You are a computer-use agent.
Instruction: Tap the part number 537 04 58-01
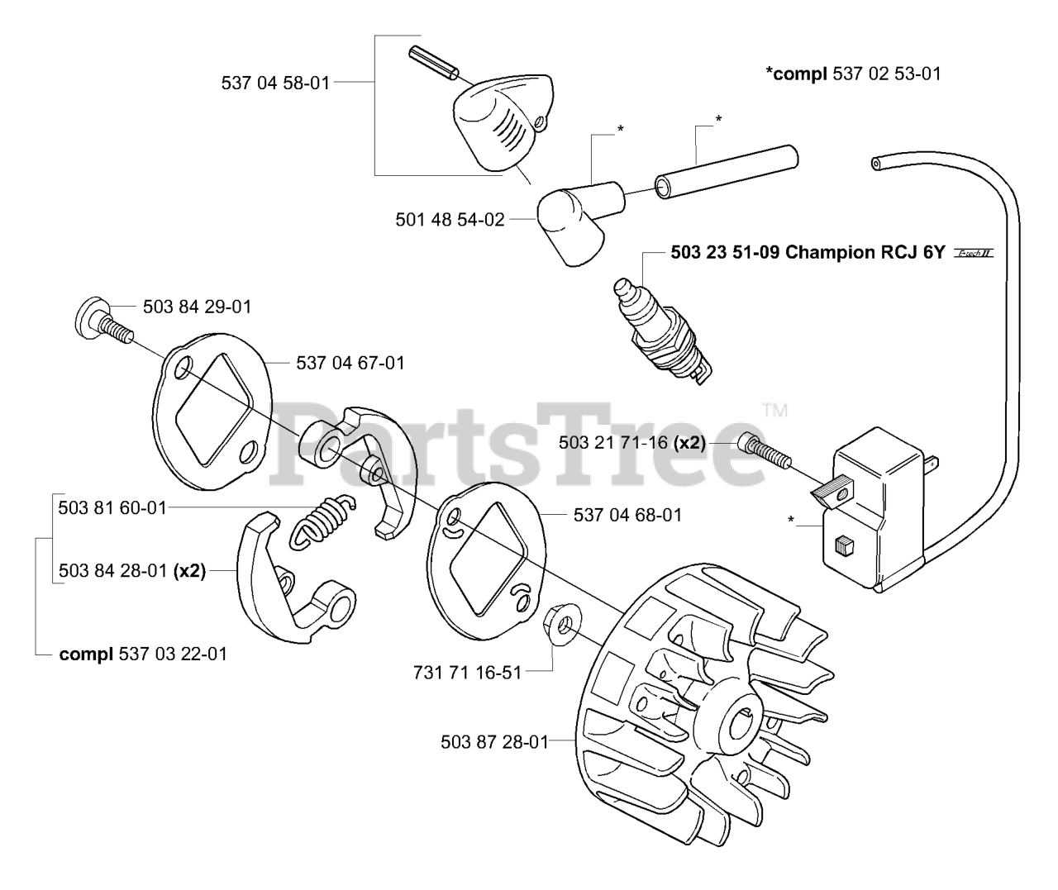coord(275,83)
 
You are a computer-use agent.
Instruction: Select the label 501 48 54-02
coord(450,220)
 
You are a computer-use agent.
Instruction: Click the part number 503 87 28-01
coord(494,742)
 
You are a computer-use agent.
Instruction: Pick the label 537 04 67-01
coord(350,363)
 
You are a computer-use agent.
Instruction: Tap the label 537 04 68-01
coord(627,515)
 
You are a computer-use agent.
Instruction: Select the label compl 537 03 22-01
coord(143,654)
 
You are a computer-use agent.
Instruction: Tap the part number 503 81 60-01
coord(112,507)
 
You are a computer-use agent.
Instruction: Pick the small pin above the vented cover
coord(432,64)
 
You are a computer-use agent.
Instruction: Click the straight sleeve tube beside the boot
coord(725,172)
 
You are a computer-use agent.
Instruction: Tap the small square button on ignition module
coord(844,545)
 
